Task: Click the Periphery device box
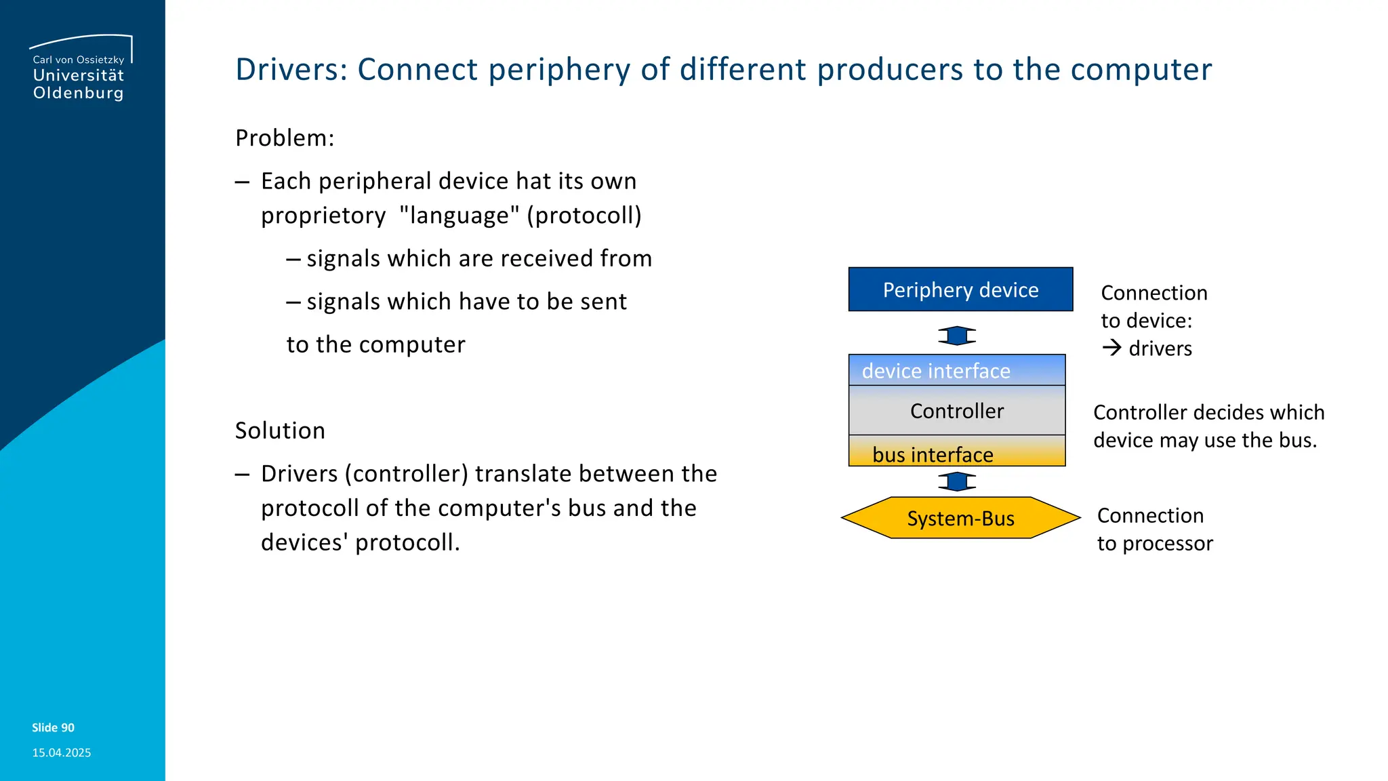coord(960,289)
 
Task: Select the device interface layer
coord(956,371)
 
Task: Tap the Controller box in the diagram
coord(956,411)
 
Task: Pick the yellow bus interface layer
coord(956,453)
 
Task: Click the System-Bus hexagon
coord(960,518)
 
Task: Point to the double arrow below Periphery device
coord(957,336)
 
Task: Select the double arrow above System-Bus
coord(957,481)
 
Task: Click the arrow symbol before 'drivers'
coord(1111,348)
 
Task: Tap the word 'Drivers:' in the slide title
coord(291,69)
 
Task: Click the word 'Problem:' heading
coord(285,138)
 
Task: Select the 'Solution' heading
coord(280,430)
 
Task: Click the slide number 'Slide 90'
coord(53,727)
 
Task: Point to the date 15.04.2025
coord(61,753)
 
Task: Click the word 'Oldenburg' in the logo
coord(79,93)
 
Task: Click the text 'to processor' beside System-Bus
coord(1155,543)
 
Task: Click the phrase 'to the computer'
coord(375,344)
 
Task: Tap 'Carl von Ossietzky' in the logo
coord(79,60)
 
